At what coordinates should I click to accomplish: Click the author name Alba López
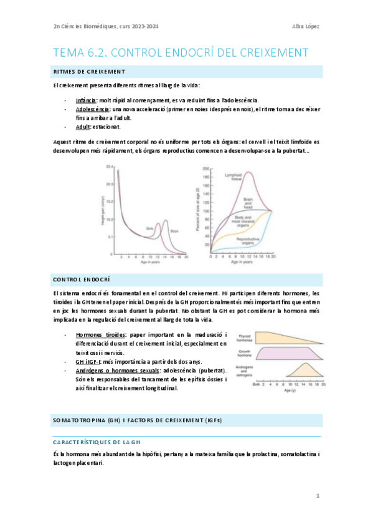pyautogui.click(x=306, y=26)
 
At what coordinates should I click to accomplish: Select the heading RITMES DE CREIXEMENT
pyautogui.click(x=90, y=71)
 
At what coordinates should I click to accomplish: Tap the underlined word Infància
pyautogui.click(x=85, y=100)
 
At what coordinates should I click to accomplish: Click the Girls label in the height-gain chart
pyautogui.click(x=149, y=228)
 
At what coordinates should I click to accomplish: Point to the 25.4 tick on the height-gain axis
pyautogui.click(x=109, y=168)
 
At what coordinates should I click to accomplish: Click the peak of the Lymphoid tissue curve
pyautogui.click(x=248, y=173)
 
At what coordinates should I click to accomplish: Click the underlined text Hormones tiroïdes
pyautogui.click(x=100, y=335)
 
